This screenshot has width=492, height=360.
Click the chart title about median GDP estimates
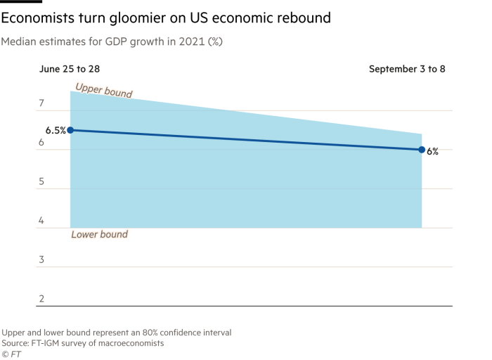[112, 42]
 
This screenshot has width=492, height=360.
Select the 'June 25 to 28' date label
[69, 69]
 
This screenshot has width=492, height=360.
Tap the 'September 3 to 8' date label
[408, 69]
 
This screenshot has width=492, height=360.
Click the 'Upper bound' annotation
[103, 90]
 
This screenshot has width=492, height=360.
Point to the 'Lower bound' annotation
[99, 234]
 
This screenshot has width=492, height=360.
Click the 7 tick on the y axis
[41, 104]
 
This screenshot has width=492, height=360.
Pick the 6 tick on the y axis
[41, 143]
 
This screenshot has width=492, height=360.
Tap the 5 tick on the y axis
[41, 182]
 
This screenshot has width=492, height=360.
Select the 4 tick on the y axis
[41, 221]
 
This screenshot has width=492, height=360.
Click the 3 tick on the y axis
[41, 260]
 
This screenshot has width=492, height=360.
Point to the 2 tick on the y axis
[41, 299]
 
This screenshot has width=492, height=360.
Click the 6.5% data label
[55, 130]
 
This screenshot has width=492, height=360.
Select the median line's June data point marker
[70, 130]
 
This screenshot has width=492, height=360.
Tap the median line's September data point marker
[422, 149]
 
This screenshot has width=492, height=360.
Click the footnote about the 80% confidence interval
[116, 332]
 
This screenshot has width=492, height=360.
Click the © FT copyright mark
[11, 354]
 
